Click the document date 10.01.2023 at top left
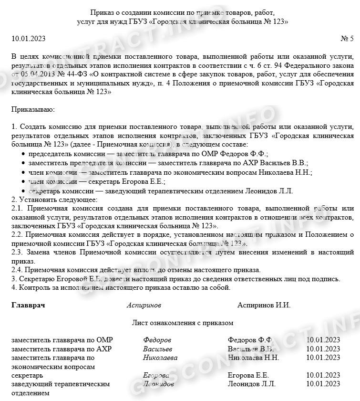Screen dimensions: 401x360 tap(28, 38)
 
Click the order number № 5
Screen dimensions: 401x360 tap(347, 38)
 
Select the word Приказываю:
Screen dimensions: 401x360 tap(33, 109)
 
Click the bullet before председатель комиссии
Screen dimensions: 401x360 tap(24, 154)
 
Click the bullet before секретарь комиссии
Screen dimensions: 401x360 tap(24, 191)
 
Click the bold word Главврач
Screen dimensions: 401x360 tap(28, 305)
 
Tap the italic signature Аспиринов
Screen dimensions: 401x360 tap(144, 305)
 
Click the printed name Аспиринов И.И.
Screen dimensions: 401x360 tap(264, 305)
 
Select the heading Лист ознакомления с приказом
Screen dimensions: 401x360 tap(183, 323)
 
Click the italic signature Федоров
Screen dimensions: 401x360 tap(157, 340)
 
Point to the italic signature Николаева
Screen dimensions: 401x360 tap(160, 358)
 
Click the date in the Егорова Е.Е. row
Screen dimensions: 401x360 tap(323, 375)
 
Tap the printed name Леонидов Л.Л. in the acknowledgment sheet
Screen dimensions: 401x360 tap(252, 384)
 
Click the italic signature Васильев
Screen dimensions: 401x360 tap(157, 348)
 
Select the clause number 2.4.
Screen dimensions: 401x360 tap(17, 270)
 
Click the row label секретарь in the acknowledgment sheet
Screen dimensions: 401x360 tap(28, 375)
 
